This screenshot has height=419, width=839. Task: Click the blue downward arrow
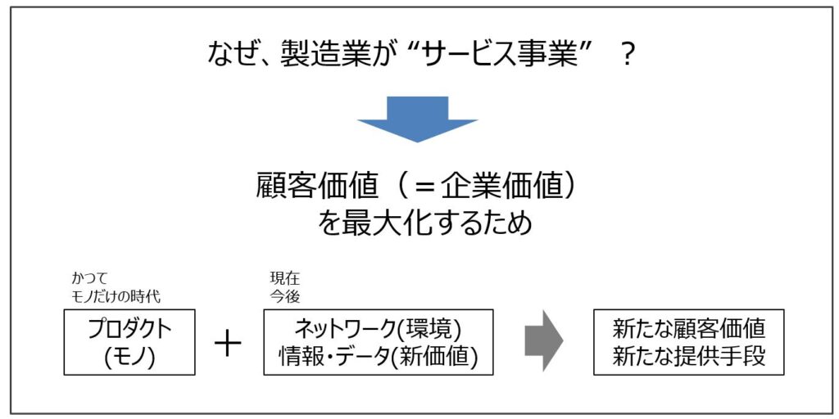(x=417, y=119)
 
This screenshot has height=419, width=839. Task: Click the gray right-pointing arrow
(x=544, y=340)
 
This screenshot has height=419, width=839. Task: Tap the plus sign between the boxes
(x=228, y=343)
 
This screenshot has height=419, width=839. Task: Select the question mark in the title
(x=628, y=55)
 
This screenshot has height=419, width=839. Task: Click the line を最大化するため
(x=425, y=223)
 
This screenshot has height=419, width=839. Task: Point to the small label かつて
(x=90, y=278)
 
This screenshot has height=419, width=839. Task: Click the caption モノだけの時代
(x=116, y=296)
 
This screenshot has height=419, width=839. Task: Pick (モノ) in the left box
(x=129, y=357)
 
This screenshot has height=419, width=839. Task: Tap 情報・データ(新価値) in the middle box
(x=379, y=357)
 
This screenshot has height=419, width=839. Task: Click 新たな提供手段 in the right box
(x=688, y=357)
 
